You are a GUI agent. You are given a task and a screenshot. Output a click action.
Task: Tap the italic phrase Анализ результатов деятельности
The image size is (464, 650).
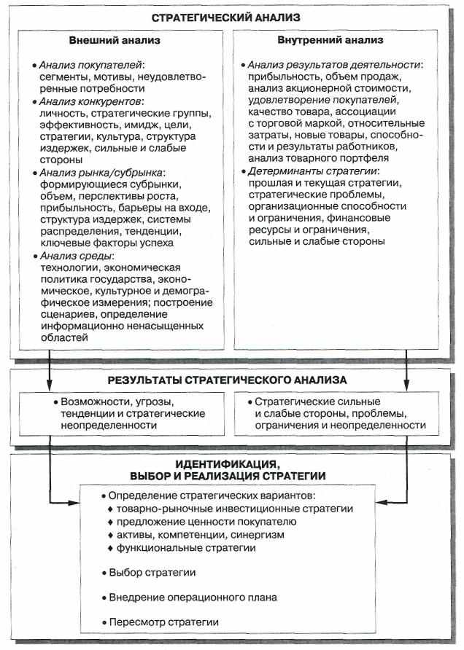point(335,65)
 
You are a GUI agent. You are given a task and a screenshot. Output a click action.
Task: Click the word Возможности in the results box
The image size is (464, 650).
point(92,402)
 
